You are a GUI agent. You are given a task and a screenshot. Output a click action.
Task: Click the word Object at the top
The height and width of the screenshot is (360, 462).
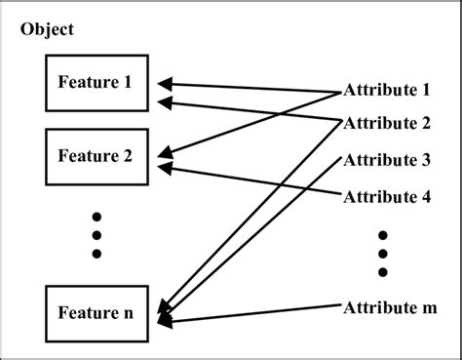[x=46, y=30]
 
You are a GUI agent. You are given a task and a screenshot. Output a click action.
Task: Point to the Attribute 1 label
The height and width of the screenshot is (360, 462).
[x=387, y=91]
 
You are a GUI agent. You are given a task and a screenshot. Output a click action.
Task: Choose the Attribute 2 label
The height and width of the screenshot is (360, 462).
[x=387, y=124]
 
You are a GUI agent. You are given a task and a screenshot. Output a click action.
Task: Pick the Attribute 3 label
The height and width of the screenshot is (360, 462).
[x=387, y=160]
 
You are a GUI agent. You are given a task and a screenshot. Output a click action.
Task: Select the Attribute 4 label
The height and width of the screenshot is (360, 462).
[x=387, y=195]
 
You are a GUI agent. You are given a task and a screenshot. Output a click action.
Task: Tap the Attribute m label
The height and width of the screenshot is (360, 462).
[x=389, y=307]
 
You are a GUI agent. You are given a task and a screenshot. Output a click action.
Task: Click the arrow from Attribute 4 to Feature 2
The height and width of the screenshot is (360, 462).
[x=253, y=180]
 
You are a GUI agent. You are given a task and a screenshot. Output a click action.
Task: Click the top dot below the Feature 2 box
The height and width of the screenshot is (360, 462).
[x=96, y=215]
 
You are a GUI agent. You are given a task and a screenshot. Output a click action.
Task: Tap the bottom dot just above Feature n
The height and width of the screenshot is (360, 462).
[x=96, y=254]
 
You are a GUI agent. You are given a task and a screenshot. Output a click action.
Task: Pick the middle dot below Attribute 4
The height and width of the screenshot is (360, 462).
[x=383, y=253]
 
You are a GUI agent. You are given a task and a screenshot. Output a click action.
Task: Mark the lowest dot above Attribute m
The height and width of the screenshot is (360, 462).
[x=383, y=271]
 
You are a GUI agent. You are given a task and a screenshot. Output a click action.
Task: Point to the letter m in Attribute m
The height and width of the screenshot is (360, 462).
[x=428, y=308]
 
